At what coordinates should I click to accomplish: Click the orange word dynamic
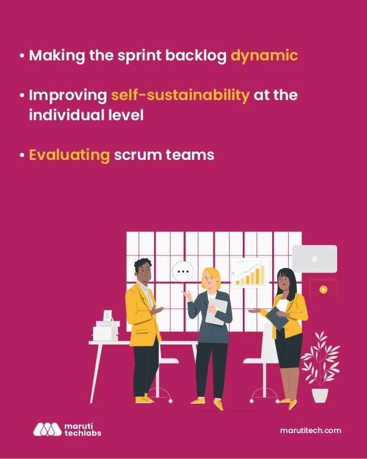click(x=264, y=56)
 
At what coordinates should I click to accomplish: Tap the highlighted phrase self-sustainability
click(x=180, y=95)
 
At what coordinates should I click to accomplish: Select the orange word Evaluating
click(x=69, y=155)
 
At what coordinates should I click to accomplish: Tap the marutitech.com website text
click(x=311, y=430)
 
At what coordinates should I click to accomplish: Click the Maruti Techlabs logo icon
click(x=47, y=429)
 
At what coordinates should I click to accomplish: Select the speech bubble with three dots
click(x=183, y=271)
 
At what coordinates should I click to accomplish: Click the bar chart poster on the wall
click(x=250, y=272)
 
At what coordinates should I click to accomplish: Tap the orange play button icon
click(x=323, y=289)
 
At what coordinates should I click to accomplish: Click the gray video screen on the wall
click(x=315, y=259)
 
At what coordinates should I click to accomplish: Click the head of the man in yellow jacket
click(x=143, y=270)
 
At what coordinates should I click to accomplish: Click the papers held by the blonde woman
click(x=217, y=311)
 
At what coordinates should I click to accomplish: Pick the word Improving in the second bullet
click(x=68, y=95)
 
